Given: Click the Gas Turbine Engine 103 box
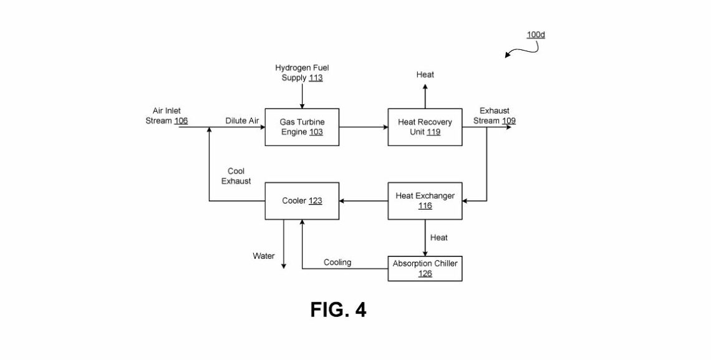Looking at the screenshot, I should point(302,127).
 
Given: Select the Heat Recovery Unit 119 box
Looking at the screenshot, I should point(425,127).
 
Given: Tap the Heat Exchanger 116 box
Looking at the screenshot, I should point(425,200).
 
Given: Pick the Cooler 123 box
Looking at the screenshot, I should point(302,200).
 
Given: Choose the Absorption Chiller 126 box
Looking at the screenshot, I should point(425,268).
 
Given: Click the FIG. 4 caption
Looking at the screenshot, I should point(338,309).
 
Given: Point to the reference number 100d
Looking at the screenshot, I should point(536,35).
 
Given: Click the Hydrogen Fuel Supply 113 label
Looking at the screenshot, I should point(299,73).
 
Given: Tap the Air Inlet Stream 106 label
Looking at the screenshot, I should point(167,116).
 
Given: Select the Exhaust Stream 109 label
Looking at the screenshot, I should point(494,116).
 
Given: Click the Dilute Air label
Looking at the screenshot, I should point(242,121).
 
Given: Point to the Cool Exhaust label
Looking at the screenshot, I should point(236,176).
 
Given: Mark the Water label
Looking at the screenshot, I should point(263,256).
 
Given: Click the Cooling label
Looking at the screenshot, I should point(337,262).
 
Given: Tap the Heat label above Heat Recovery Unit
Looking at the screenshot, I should point(425,75).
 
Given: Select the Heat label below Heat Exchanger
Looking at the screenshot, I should point(438,238).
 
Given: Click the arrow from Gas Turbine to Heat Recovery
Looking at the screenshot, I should point(364,127).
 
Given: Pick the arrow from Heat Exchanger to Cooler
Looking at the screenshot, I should point(364,200).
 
